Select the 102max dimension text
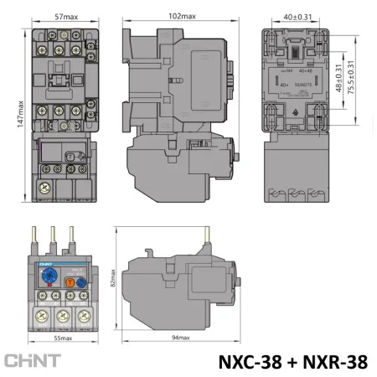(x=182, y=15)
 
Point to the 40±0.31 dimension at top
(x=295, y=15)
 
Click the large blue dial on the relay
(x=49, y=279)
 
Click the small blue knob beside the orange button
(x=82, y=283)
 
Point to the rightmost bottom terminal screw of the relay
(x=83, y=317)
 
